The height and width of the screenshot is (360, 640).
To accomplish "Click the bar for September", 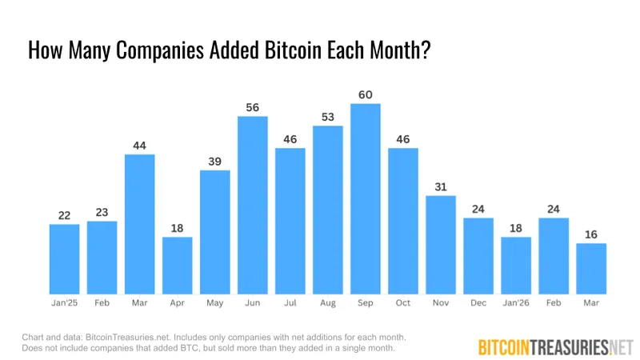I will pos(365,198).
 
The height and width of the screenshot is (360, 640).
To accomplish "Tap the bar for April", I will pos(177,265).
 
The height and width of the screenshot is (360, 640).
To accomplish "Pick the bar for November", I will pos(440,244).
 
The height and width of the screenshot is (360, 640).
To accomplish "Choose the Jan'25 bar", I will pos(64,258).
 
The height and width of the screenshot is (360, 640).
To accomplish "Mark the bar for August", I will pos(327,210).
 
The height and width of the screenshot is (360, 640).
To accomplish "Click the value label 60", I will pos(365,95).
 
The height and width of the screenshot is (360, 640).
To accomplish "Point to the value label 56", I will pos(252,107).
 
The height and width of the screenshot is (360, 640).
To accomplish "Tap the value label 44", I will pos(139,146).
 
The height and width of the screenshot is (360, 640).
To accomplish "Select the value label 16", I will pos(590,234).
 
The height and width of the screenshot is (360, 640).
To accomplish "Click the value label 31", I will pos(440,186).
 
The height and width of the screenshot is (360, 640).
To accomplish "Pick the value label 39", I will pos(214,161).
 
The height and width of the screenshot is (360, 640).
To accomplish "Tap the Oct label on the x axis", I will pos(402,304).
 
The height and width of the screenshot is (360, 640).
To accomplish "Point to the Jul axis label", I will pos(290,304).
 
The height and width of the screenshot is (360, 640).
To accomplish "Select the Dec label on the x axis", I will pos(478,304).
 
